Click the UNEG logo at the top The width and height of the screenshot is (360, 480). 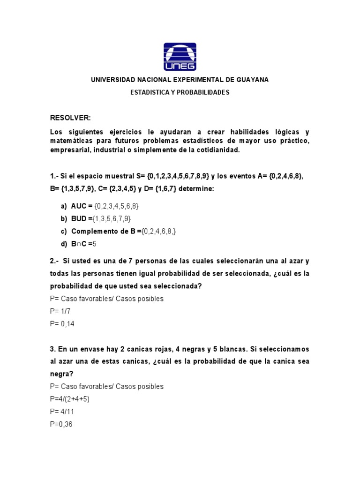click(180, 57)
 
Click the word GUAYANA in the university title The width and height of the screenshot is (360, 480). click(252, 80)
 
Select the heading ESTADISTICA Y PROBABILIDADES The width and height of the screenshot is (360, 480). click(180, 92)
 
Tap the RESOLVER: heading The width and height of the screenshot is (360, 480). click(70, 118)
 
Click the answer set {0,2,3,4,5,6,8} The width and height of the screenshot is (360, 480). click(117, 206)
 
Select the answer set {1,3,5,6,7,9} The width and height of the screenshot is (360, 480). click(112, 219)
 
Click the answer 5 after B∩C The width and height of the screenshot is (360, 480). click(94, 244)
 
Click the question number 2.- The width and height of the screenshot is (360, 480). click(54, 261)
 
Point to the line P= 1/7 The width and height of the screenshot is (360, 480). click(60, 311)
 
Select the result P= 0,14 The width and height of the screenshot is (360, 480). click(62, 324)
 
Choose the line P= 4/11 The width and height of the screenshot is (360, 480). click(62, 412)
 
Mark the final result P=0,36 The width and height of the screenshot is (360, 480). click(61, 424)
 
